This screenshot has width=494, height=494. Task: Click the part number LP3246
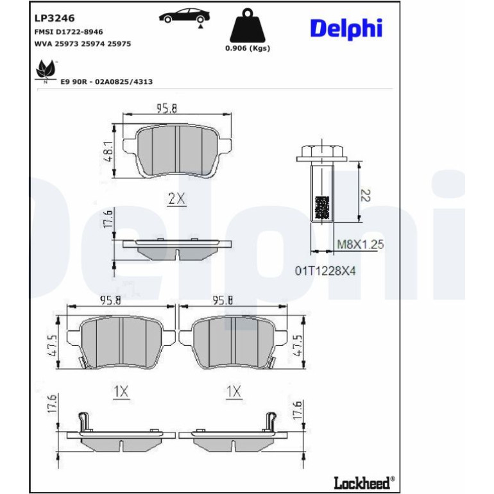click(55, 18)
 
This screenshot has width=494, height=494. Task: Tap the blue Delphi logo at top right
click(346, 29)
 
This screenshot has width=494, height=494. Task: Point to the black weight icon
click(248, 26)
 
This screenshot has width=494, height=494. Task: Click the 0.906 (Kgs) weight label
click(248, 48)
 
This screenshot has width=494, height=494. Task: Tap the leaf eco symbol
click(46, 71)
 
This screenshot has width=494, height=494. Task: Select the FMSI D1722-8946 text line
click(69, 32)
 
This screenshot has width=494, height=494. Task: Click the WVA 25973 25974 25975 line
click(83, 44)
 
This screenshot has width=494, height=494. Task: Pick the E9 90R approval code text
click(106, 82)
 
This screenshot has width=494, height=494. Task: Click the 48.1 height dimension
click(109, 151)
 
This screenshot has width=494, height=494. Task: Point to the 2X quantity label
click(176, 198)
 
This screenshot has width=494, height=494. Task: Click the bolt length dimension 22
click(366, 195)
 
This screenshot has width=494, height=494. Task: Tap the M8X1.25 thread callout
click(361, 244)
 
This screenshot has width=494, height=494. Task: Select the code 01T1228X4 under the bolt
click(325, 271)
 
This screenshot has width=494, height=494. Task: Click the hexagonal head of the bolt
click(321, 153)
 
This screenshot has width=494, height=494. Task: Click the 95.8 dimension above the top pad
click(167, 108)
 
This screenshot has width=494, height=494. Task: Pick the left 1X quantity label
click(121, 391)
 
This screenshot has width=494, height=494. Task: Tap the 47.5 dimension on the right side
click(298, 346)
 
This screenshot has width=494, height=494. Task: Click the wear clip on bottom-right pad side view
click(271, 421)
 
